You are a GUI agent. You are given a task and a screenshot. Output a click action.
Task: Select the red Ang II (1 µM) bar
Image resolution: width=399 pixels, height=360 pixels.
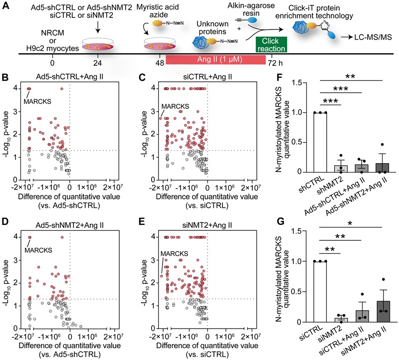(x=215, y=60)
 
